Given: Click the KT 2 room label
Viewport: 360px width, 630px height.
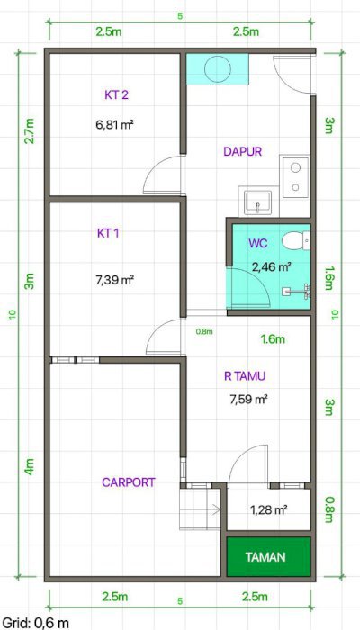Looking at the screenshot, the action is (x=116, y=95).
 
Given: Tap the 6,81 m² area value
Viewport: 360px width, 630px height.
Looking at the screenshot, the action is (x=114, y=124).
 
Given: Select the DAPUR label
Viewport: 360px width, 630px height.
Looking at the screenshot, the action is (x=243, y=151).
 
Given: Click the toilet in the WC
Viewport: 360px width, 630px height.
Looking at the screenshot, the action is (x=296, y=241).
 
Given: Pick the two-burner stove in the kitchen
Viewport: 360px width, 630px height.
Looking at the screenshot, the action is (x=296, y=177).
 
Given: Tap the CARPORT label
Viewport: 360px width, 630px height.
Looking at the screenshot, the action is (x=129, y=482).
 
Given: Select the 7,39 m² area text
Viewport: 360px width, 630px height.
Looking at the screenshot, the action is (x=115, y=280).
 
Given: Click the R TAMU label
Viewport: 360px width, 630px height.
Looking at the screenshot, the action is (x=245, y=376).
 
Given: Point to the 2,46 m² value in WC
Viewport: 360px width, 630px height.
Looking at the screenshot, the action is (x=271, y=266).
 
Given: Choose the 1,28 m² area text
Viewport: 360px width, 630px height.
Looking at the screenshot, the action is (x=268, y=510).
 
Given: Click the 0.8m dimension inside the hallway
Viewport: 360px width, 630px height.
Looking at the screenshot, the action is (x=204, y=331).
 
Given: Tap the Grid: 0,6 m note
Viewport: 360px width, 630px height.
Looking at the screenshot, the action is (x=35, y=623).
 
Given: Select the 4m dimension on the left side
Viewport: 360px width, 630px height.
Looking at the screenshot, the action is (x=30, y=466).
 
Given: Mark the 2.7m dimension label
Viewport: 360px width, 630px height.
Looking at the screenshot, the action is (x=30, y=131).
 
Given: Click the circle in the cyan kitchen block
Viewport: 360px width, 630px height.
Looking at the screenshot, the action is (x=218, y=68).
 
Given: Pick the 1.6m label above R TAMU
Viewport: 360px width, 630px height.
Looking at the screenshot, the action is (x=274, y=339).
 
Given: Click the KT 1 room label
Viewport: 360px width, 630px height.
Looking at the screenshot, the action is (x=108, y=233).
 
